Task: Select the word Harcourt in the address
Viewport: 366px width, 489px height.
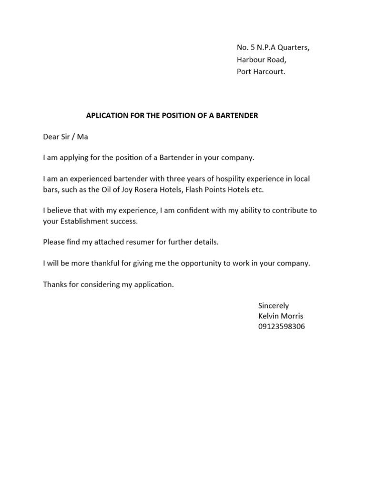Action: (x=269, y=72)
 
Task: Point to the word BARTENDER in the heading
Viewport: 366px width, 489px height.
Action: (x=237, y=116)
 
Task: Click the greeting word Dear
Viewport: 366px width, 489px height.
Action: (x=51, y=137)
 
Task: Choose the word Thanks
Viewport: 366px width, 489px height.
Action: (x=54, y=285)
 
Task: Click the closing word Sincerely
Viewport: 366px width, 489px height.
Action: (x=274, y=306)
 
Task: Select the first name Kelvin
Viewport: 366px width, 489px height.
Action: (x=268, y=316)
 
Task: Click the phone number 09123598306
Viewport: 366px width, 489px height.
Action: (x=282, y=327)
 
